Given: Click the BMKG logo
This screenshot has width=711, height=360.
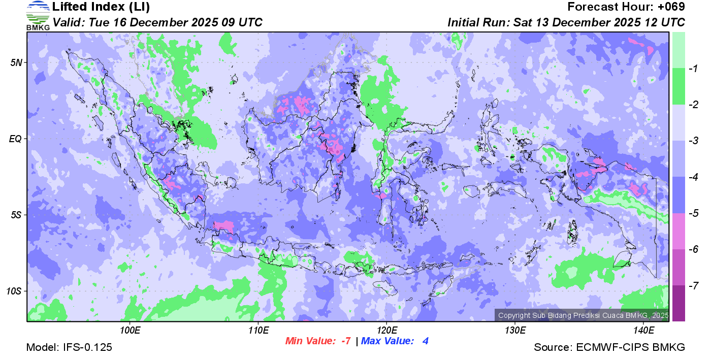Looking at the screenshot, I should pos(38,15).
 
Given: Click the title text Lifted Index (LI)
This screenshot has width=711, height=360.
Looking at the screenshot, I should pos(101,7).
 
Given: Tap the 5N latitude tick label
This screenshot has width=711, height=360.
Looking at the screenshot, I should pos(16,62).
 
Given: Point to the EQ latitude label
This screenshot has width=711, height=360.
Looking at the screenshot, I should pos(15,139).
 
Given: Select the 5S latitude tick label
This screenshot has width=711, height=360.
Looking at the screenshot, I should pos(16,215).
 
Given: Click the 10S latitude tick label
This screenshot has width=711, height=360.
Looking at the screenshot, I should pos(14,291).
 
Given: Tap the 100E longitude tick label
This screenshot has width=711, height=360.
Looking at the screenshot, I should pos(130,330).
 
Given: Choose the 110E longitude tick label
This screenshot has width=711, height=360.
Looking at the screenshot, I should pos(258,330).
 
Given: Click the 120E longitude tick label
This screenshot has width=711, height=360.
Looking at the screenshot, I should pos(386,330).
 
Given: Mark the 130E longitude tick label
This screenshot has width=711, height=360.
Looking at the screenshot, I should pos(515,330).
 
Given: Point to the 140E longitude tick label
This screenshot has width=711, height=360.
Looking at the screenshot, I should pos(643,330).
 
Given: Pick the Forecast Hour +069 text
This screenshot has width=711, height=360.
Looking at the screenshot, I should pos(626,7).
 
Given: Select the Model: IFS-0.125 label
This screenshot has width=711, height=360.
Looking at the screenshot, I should pos(69,348).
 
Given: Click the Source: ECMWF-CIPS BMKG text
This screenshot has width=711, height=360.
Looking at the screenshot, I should pos(609,348).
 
